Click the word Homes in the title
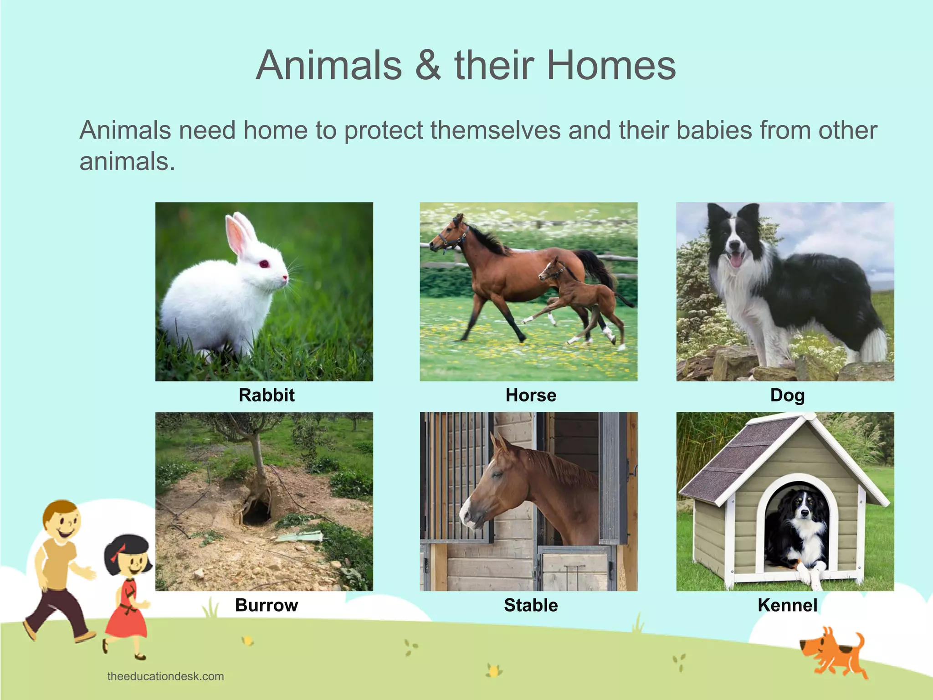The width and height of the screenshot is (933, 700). pyautogui.click(x=611, y=66)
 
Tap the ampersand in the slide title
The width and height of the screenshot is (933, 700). pyautogui.click(x=428, y=66)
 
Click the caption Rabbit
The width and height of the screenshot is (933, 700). pyautogui.click(x=267, y=395)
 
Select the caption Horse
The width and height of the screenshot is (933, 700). pyautogui.click(x=531, y=395)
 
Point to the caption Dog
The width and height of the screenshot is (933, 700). pyautogui.click(x=787, y=396)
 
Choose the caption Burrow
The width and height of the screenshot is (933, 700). pyautogui.click(x=267, y=605)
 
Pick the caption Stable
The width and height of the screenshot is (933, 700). pyautogui.click(x=531, y=605)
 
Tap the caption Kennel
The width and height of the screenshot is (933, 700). pyautogui.click(x=787, y=605)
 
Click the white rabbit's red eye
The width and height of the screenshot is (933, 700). pyautogui.click(x=264, y=264)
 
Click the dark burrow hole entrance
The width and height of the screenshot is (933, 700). pyautogui.click(x=256, y=515)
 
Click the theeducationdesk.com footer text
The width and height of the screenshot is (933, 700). pyautogui.click(x=165, y=676)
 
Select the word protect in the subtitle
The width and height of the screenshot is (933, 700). pyautogui.click(x=383, y=131)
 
